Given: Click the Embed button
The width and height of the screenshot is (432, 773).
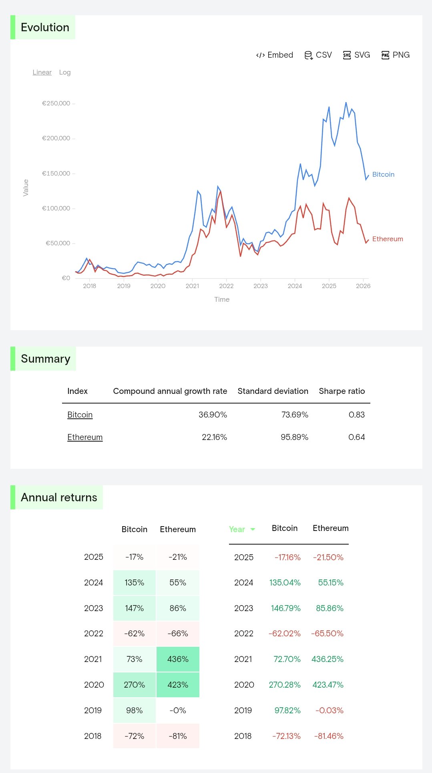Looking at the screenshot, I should pyautogui.click(x=275, y=55).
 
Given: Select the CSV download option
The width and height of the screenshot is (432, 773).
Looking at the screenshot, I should pyautogui.click(x=318, y=55).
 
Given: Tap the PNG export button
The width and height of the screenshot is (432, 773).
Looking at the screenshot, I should pyautogui.click(x=396, y=55).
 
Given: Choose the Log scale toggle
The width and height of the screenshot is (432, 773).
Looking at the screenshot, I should pyautogui.click(x=65, y=72).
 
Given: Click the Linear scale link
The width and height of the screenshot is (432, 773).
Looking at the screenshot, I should pyautogui.click(x=42, y=72).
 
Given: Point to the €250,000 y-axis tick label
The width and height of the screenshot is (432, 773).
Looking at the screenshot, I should pyautogui.click(x=56, y=103).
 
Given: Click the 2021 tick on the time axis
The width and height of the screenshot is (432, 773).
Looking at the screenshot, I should pyautogui.click(x=192, y=286).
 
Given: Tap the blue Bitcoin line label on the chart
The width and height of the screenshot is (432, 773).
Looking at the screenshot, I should pyautogui.click(x=383, y=174).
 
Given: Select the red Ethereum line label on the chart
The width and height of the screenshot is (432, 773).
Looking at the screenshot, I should pyautogui.click(x=388, y=239).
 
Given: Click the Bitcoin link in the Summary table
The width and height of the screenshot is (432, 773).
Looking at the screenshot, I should pyautogui.click(x=80, y=415).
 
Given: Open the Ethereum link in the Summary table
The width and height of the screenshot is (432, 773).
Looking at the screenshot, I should pyautogui.click(x=85, y=437).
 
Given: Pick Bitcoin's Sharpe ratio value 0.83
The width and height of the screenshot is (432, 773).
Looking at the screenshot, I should pyautogui.click(x=356, y=415).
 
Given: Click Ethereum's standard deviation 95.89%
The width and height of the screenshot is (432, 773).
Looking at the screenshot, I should pyautogui.click(x=294, y=437).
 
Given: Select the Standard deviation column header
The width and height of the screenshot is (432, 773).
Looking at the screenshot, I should pyautogui.click(x=273, y=391).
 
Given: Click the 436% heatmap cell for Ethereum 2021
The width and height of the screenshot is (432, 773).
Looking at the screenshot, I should pyautogui.click(x=178, y=659).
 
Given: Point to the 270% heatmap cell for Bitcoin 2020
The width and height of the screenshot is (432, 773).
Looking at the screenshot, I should pyautogui.click(x=134, y=685).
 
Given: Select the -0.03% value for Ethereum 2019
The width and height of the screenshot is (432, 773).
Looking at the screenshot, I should pyautogui.click(x=329, y=710).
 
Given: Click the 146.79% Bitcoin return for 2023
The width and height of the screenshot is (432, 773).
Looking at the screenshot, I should pyautogui.click(x=285, y=608).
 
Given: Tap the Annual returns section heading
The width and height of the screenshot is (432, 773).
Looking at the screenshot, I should pyautogui.click(x=59, y=497).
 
